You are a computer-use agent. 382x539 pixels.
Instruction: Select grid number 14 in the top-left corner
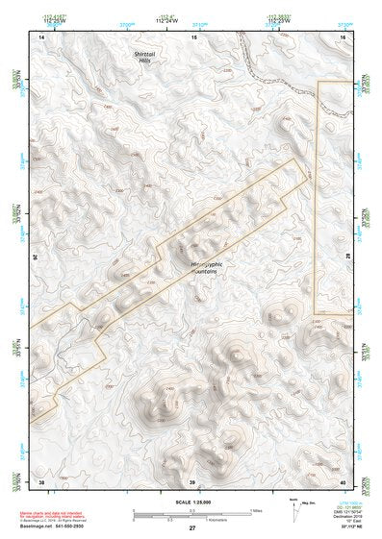pos(41,36)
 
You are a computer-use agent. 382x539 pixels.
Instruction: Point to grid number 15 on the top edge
pos(193,36)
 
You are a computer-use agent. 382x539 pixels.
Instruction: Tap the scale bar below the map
pos(191,514)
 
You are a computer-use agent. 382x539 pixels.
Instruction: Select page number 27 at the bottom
pos(191,529)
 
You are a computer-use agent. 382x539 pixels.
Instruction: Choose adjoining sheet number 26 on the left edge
pos(35,257)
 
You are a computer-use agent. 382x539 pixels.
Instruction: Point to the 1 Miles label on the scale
pos(256,509)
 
